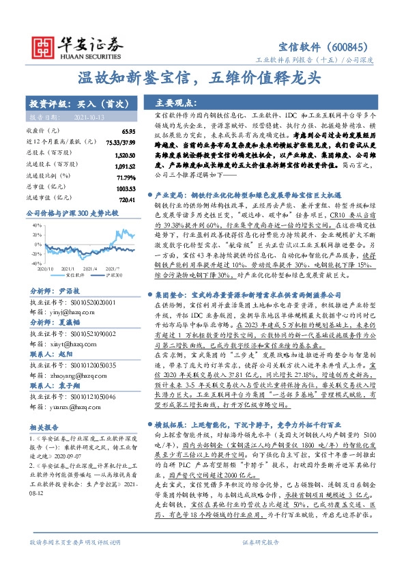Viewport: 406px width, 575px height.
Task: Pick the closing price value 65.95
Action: pos(128,130)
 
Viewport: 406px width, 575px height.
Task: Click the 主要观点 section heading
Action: pos(176,103)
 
